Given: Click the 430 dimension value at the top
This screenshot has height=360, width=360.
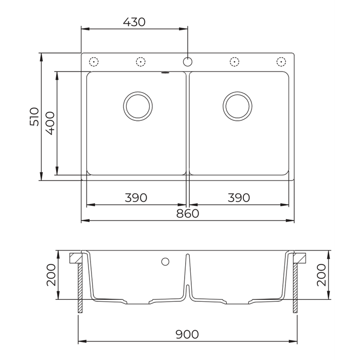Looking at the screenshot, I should click(135, 22).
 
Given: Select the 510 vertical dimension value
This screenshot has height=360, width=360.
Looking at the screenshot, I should click(34, 117).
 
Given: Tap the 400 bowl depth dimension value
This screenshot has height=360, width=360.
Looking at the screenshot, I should click(50, 123).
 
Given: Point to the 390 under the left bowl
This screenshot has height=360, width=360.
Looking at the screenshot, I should click(136, 197).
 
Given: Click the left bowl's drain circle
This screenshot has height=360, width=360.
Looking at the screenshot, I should click(137, 105).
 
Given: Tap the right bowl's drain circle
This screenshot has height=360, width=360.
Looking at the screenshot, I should click(237, 105).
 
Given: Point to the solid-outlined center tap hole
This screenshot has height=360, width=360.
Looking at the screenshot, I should click(188, 62).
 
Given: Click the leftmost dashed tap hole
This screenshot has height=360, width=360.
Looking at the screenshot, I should click(94, 62).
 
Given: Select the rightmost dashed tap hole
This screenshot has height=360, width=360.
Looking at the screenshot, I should click(281, 62).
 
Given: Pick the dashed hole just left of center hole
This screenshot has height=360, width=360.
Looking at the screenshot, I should click(140, 62).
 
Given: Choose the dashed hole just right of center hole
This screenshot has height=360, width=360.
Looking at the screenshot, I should click(235, 62).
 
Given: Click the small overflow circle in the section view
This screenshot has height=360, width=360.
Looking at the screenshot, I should click(165, 261).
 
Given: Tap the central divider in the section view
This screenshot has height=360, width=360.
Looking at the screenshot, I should click(188, 278).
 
